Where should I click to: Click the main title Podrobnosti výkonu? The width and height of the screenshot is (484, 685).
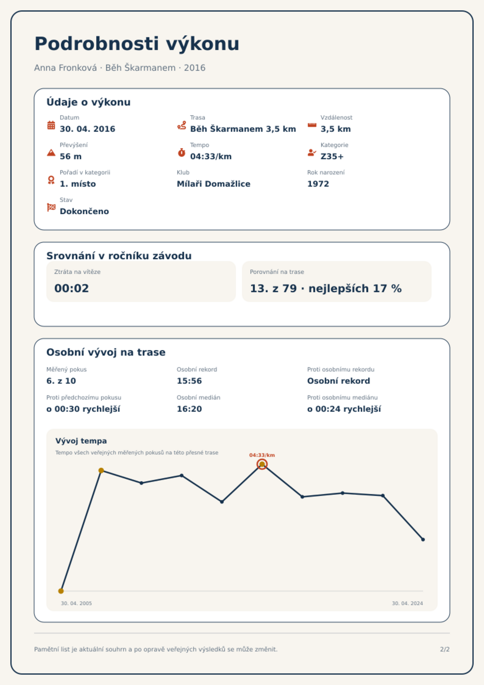tap(137, 44)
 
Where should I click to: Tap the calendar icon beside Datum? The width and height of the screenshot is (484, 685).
tap(51, 125)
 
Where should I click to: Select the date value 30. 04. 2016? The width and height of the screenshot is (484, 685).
tap(87, 129)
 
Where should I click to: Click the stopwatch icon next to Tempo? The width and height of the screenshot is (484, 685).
tap(182, 152)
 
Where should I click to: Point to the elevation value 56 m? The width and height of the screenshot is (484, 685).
tap(71, 156)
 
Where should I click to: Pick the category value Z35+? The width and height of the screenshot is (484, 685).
tap(332, 156)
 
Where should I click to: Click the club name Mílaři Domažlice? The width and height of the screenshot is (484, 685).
tap(213, 184)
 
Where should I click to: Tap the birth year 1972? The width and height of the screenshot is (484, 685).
tap(318, 184)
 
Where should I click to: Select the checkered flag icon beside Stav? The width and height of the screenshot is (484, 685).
tap(51, 207)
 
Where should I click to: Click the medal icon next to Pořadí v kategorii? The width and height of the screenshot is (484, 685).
tap(51, 180)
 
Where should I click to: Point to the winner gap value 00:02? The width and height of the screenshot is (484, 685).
tap(72, 289)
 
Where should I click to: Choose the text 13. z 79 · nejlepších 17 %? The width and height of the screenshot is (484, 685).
tap(326, 289)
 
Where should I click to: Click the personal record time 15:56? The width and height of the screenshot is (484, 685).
tap(189, 381)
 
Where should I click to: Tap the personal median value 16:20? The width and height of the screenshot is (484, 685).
tap(189, 409)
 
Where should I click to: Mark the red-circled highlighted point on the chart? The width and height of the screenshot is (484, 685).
tap(262, 464)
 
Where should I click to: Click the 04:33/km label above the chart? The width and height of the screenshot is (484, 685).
tap(262, 455)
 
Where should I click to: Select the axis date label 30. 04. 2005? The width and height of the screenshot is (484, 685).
tap(76, 603)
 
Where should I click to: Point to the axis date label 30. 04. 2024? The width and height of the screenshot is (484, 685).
tap(407, 603)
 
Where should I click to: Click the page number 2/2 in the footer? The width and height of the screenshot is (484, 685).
tap(445, 649)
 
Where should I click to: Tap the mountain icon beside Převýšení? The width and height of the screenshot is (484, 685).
tap(51, 152)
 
